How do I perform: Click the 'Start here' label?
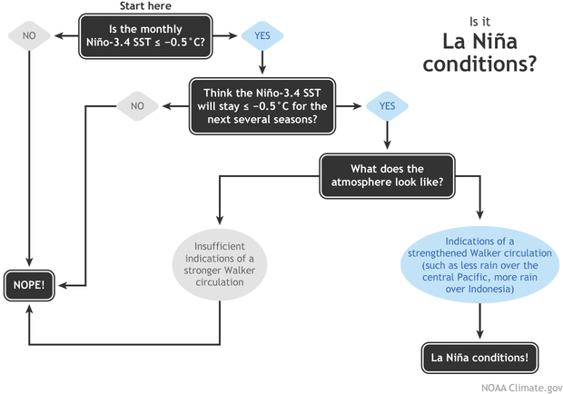point(146,6)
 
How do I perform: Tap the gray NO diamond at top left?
point(29,36)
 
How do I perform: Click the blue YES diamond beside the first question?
point(262,36)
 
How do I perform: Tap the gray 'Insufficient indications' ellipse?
point(220,262)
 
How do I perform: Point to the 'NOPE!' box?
point(31,284)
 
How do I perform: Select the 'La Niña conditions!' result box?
point(479,357)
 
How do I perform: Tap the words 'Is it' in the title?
point(479,22)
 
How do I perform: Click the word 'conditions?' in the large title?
point(489,67)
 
